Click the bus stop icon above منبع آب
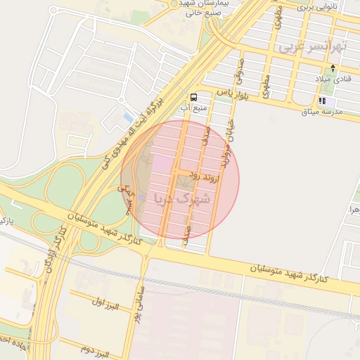193,97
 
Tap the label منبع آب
194,108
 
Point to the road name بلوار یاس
233,92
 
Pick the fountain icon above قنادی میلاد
333,68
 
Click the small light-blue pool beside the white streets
127,116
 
